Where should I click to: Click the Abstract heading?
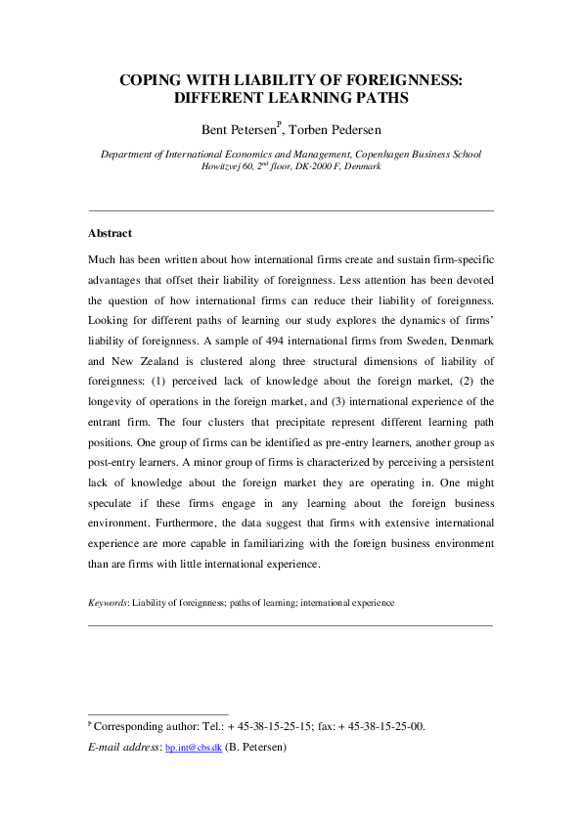pyautogui.click(x=110, y=234)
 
